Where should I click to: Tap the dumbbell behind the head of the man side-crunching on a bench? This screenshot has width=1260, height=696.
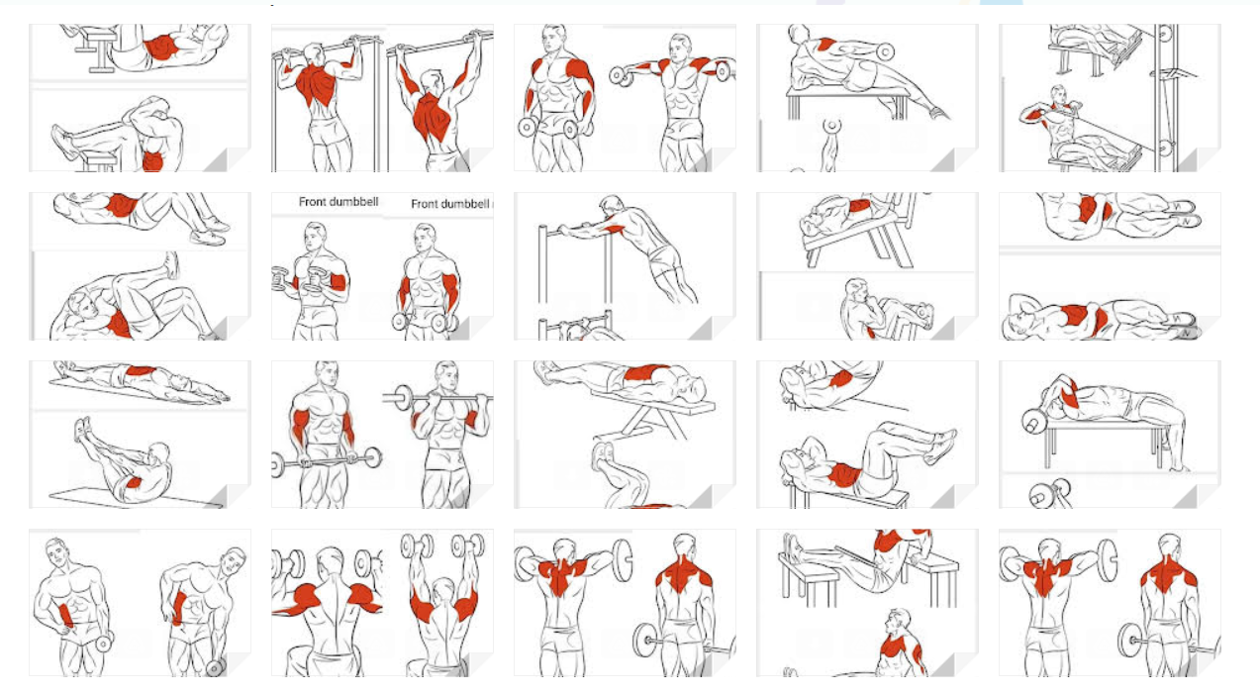coord(884,52)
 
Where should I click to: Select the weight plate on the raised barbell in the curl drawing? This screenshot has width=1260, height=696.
coord(403,398)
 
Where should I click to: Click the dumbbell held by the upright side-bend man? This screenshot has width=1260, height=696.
coord(104,642)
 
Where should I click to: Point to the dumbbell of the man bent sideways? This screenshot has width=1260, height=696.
coord(216,667)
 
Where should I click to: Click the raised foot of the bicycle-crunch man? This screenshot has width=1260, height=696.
coord(171,265)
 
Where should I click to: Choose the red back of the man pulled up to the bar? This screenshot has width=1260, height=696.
coord(316,83)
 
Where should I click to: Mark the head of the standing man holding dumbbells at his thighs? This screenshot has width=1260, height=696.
coord(554,39)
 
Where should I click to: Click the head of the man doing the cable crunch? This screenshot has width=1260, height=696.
coord(1059,96)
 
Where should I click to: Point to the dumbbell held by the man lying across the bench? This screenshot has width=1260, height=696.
coord(1034,422)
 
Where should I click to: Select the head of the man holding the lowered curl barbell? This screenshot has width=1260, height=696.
coord(327,376)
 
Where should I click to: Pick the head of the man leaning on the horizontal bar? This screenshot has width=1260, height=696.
coord(611,204)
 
